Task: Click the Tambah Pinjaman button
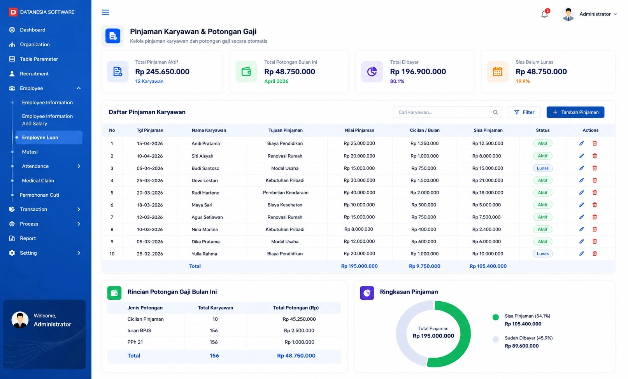575,112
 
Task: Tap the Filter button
524,112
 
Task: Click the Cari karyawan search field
447,112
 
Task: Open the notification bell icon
545,14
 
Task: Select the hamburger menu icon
105,12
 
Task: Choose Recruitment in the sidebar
34,74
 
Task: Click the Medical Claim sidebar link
38,181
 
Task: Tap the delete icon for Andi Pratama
595,143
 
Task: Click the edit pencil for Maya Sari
581,205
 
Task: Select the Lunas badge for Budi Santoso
542,168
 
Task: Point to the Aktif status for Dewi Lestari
542,180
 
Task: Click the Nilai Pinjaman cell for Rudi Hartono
359,193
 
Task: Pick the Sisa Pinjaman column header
488,130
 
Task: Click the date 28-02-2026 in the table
150,254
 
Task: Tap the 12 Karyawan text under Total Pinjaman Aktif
149,81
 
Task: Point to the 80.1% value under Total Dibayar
397,81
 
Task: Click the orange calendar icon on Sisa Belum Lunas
497,72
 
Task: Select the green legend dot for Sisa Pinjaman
495,317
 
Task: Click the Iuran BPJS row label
139,330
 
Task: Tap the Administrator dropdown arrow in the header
615,14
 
